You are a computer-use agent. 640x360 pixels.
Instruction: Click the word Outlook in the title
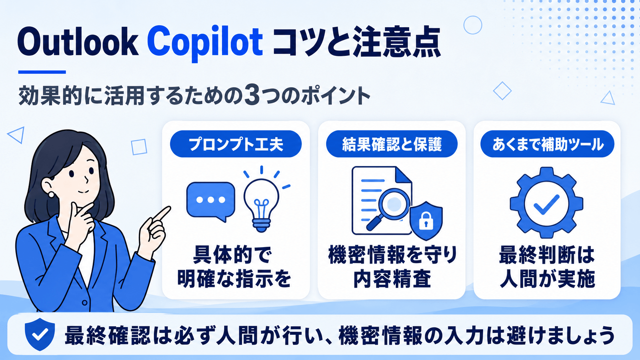pos(78,42)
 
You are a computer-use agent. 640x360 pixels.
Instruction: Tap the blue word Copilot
pos(205,43)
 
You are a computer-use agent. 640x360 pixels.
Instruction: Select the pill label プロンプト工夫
pos(236,144)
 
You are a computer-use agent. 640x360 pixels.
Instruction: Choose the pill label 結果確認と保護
pos(392,144)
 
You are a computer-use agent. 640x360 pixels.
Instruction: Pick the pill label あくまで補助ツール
pos(547,144)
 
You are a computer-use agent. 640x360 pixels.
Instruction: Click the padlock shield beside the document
pos(426,221)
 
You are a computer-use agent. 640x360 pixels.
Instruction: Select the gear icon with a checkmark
pos(547,203)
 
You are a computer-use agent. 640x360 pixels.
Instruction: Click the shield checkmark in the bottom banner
pos(40,334)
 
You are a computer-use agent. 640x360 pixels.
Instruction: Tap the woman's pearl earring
pos(51,195)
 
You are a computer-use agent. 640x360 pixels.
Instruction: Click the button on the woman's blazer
pos(85,302)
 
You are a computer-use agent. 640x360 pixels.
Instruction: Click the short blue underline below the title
pos(42,72)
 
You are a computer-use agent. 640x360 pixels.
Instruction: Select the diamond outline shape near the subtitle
pos(502,91)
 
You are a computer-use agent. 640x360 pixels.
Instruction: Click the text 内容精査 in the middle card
pos(392,279)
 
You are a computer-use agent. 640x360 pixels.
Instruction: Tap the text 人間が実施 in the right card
pos(547,279)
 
